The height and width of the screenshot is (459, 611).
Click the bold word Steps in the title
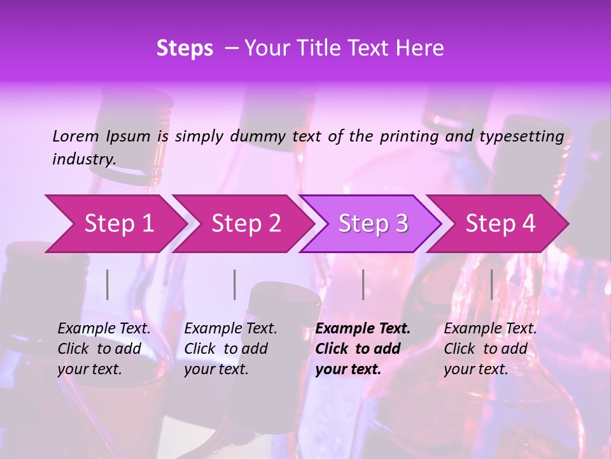185,48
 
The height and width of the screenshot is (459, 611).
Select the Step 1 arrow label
119,224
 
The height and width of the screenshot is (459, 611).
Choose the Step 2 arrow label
246,224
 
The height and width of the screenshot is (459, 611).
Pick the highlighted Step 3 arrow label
373,224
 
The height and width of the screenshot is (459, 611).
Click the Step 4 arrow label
500,224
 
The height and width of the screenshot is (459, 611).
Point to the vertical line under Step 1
108,284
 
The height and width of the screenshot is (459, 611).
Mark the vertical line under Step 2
235,284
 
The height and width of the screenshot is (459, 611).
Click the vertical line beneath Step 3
363,284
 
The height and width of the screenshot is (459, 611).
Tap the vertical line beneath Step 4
491,284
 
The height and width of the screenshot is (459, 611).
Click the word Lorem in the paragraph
76,136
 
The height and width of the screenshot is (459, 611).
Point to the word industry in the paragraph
84,159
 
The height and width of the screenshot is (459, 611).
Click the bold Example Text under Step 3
363,329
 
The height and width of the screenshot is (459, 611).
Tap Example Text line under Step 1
104,329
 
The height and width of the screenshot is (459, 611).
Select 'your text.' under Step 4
475,369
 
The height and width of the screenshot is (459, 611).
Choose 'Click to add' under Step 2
226,349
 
